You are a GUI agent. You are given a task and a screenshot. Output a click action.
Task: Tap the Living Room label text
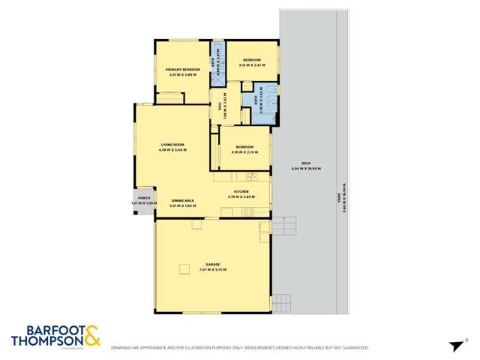172,145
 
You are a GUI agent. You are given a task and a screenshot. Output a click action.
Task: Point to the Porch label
136,198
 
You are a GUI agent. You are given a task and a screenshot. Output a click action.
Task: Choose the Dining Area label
183,200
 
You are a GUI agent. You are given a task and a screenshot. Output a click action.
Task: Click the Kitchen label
241,192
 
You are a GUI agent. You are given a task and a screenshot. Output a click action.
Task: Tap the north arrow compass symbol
454,346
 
